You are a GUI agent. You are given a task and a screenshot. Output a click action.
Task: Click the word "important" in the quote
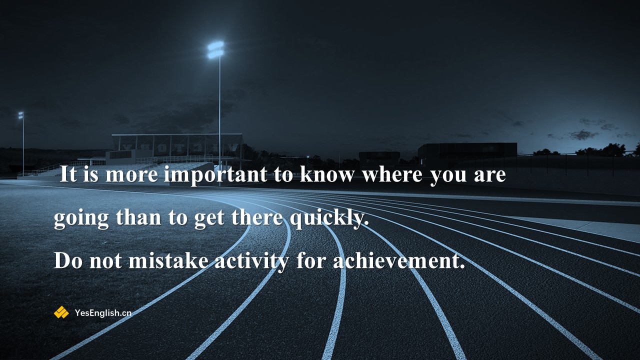tap(215, 174)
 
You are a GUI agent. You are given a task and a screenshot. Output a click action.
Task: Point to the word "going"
tap(81, 218)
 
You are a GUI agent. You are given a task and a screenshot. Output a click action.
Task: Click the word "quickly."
tap(329, 218)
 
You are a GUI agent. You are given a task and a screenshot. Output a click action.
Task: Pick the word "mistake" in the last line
tap(168, 261)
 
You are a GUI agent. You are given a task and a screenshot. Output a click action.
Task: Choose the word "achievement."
tap(399, 261)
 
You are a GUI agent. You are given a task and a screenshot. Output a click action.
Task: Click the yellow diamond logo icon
tap(61, 312)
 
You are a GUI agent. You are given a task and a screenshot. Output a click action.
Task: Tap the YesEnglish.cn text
tap(103, 313)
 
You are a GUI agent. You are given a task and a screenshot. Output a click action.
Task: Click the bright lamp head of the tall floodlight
tap(215, 49)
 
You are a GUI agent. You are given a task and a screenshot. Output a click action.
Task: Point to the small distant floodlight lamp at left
tap(21, 115)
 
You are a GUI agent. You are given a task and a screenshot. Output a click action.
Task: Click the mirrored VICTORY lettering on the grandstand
tap(180, 147)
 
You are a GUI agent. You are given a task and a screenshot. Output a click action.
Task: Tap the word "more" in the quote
tap(131, 175)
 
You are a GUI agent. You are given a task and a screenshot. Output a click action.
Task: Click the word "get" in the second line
tap(209, 219)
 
